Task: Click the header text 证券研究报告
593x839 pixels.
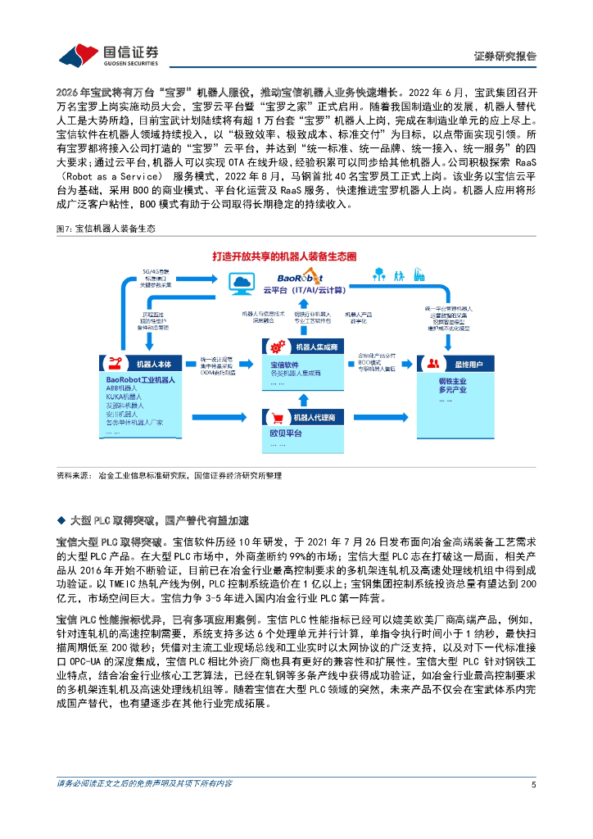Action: click(505, 57)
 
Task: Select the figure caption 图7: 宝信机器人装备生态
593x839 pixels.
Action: click(104, 230)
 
